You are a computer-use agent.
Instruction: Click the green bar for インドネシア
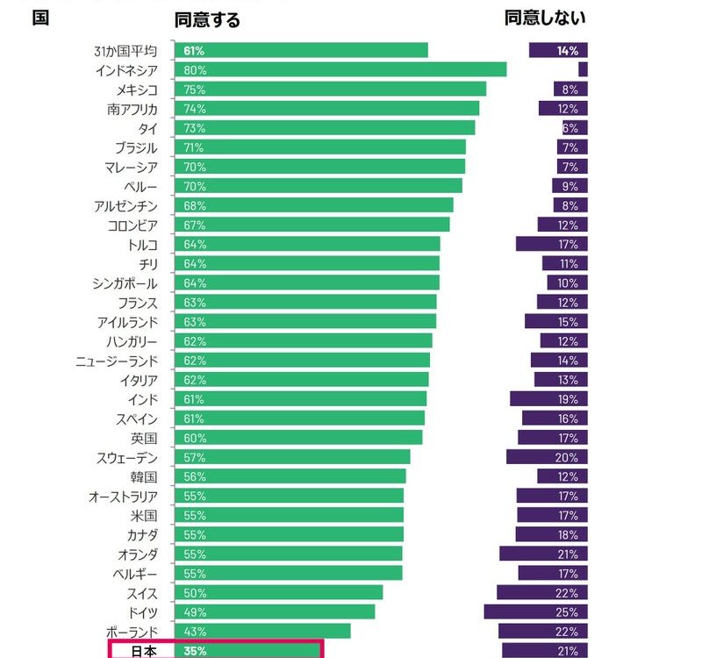click(342, 69)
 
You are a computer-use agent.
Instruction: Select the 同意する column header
click(207, 18)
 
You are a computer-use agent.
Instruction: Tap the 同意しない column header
click(545, 18)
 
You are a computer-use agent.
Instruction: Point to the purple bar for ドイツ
click(535, 612)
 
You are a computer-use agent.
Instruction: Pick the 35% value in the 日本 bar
click(195, 651)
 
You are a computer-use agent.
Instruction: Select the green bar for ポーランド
click(264, 631)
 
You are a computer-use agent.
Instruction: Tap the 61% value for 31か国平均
click(194, 50)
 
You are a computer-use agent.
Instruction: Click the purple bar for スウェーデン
click(547, 457)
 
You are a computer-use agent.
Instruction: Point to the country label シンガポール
click(125, 283)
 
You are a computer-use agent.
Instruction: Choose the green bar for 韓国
click(291, 476)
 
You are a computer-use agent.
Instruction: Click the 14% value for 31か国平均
click(567, 50)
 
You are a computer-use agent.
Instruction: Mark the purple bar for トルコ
click(551, 244)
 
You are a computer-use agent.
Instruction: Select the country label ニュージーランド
click(117, 361)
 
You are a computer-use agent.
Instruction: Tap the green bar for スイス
click(280, 592)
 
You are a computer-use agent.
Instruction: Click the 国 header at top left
click(39, 18)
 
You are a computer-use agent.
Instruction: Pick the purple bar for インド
click(548, 399)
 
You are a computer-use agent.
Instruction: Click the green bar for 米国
click(290, 515)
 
